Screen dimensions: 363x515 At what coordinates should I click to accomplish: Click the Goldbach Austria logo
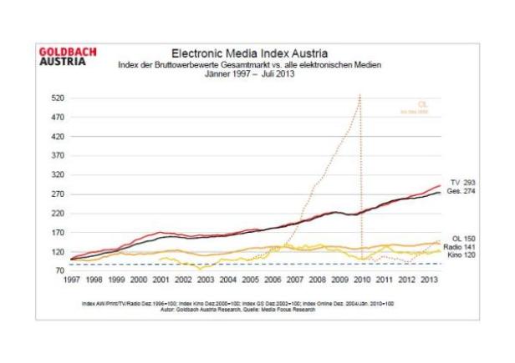68,57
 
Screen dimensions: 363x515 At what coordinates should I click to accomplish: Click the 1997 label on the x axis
71,280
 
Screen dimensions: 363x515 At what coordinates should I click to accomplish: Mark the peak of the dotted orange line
359,95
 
